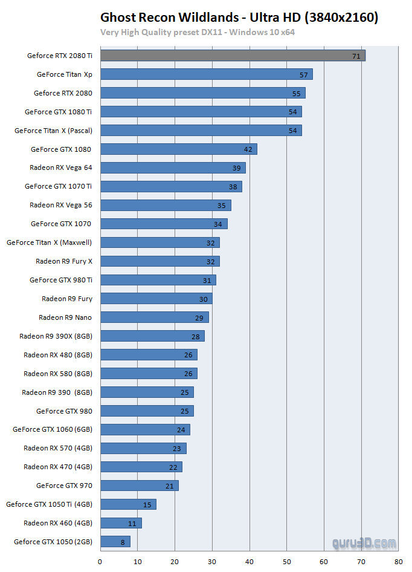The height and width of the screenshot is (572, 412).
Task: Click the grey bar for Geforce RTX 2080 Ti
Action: pyautogui.click(x=233, y=56)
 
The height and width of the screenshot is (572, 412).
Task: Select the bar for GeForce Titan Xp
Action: pyautogui.click(x=206, y=74)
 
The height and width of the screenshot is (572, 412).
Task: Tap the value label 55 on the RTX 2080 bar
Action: pyautogui.click(x=296, y=93)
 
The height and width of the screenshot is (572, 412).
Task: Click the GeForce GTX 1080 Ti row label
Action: pyautogui.click(x=58, y=112)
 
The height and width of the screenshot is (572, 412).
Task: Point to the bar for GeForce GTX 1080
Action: pyautogui.click(x=178, y=149)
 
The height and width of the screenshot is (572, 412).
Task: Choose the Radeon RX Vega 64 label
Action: pyautogui.click(x=60, y=167)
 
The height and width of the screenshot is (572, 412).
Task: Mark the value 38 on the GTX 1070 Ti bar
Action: pyautogui.click(x=233, y=187)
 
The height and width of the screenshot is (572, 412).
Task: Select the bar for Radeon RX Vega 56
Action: pyautogui.click(x=165, y=205)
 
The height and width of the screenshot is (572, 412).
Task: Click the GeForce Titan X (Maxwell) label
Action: pyautogui.click(x=50, y=242)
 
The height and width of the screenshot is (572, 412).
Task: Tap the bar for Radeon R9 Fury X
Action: pyautogui.click(x=159, y=261)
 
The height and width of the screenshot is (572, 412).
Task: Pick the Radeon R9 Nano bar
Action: pyautogui.click(x=154, y=317)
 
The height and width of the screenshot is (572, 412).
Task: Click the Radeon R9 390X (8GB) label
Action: pyautogui.click(x=56, y=336)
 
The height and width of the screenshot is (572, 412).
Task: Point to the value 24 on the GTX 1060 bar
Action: pyautogui.click(x=181, y=430)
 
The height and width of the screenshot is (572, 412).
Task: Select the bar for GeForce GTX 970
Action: pyautogui.click(x=139, y=486)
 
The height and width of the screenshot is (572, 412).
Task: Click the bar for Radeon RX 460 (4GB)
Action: pyautogui.click(x=120, y=523)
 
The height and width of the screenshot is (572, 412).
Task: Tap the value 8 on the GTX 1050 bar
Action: pyautogui.click(x=123, y=542)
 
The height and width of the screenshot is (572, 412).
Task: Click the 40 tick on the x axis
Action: pyautogui.click(x=249, y=562)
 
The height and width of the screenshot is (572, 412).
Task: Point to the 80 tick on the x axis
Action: pyautogui.click(x=398, y=562)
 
